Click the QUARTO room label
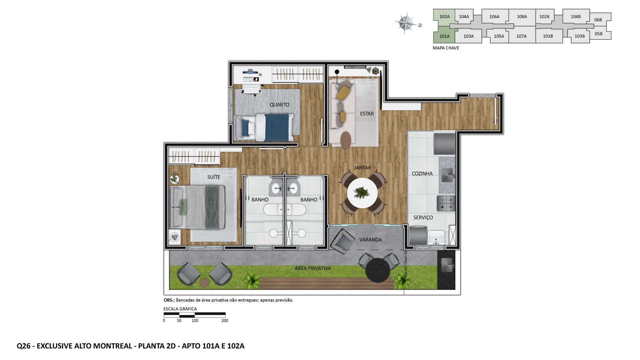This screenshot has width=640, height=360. (279, 105)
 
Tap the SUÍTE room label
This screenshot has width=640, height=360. (214, 177)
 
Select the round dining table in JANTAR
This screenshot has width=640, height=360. (362, 193)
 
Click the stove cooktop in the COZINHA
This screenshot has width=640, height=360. (446, 203)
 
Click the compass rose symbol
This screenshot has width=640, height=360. (406, 23)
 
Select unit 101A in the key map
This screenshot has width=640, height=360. (444, 36)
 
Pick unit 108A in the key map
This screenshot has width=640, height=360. (522, 17)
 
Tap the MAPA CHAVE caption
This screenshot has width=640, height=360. (446, 48)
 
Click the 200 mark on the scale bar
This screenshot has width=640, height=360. (225, 321)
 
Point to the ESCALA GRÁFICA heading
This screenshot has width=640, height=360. (180, 309)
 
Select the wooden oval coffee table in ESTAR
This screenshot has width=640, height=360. (346, 140)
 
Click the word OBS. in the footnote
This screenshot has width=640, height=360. (169, 300)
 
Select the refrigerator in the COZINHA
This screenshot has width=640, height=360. (444, 144)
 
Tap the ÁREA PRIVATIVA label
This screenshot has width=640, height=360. (313, 268)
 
